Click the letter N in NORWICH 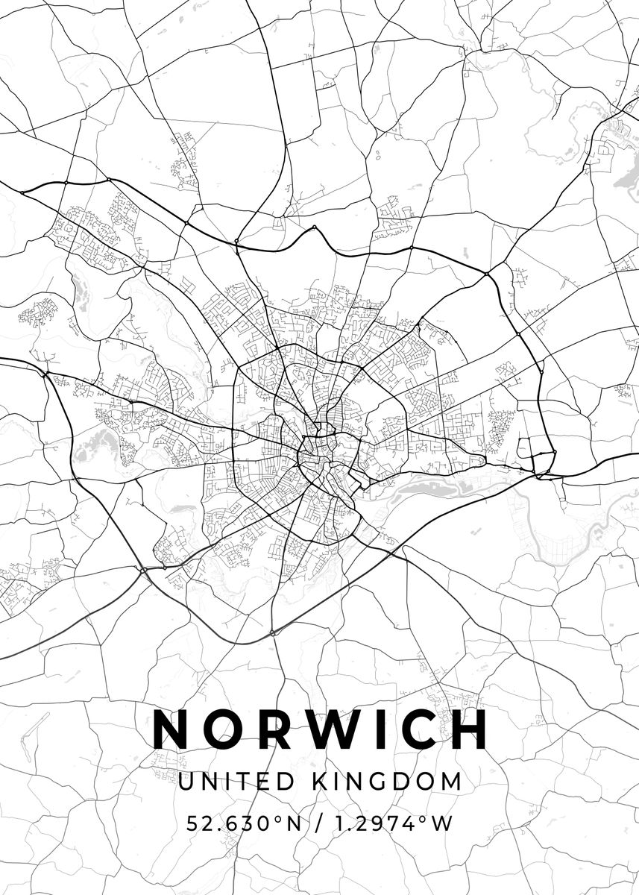click(x=171, y=729)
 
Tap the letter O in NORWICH click(x=223, y=729)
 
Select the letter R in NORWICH click(x=271, y=729)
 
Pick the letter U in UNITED click(x=186, y=782)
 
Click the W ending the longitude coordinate click(x=443, y=823)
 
